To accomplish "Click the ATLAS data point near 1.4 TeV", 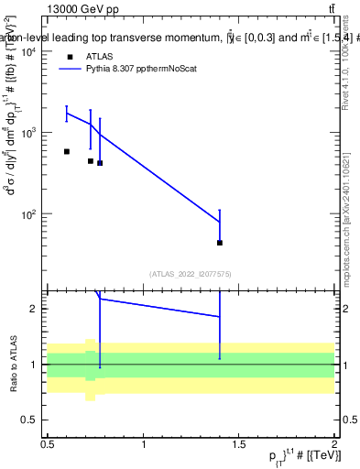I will pos(220,243).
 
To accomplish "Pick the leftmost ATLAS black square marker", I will pos(67,151).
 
